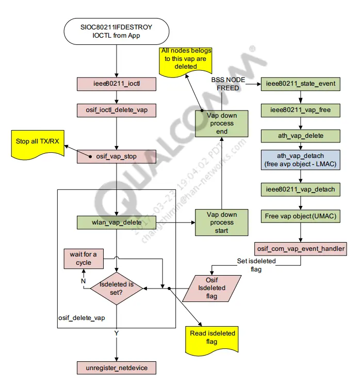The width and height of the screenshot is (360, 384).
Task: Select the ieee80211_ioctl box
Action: pyautogui.click(x=116, y=83)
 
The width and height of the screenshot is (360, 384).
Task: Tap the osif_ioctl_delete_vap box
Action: pyautogui.click(x=116, y=110)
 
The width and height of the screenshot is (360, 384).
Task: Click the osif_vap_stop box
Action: pyautogui.click(x=116, y=156)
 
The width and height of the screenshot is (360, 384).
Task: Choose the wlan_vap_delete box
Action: pyautogui.click(x=116, y=222)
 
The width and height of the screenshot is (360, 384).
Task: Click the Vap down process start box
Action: pyautogui.click(x=221, y=222)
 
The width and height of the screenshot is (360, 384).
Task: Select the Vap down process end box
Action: pyautogui.click(x=221, y=123)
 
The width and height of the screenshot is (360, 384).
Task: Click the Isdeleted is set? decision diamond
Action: pyautogui.click(x=116, y=289)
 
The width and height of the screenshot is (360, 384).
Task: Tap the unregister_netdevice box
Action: pyautogui.click(x=116, y=368)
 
